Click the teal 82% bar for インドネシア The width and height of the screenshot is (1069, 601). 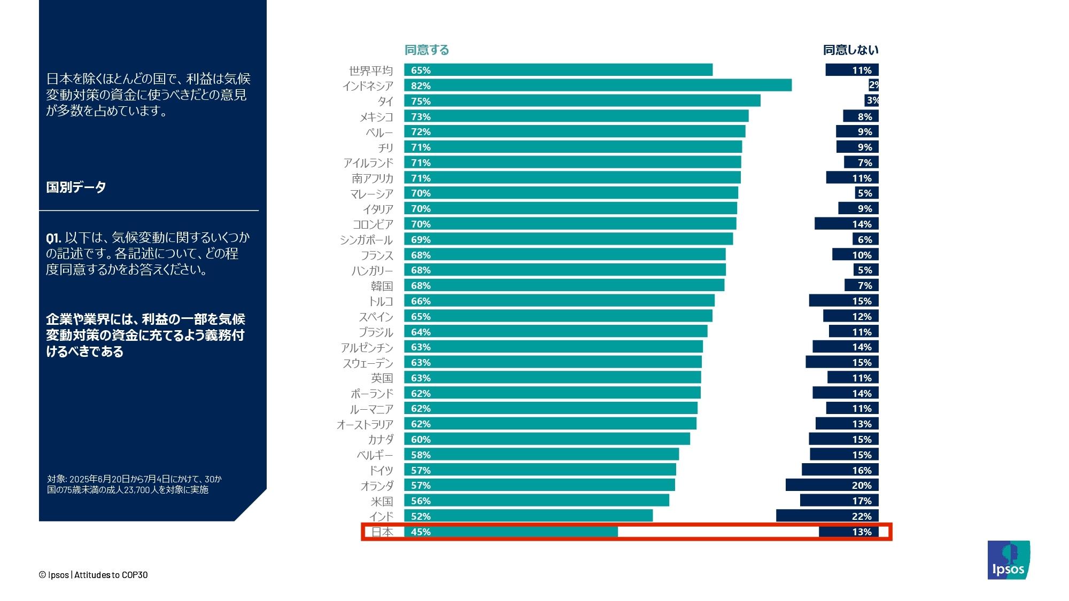(x=598, y=85)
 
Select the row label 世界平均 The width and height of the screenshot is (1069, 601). (x=371, y=71)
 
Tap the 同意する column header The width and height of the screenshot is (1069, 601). (x=427, y=50)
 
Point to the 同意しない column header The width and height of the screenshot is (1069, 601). (x=850, y=50)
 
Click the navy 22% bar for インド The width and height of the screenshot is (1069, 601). (x=827, y=516)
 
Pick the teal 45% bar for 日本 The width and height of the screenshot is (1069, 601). (x=511, y=532)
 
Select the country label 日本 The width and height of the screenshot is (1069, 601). (x=382, y=532)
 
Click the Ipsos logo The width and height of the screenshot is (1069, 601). (x=1009, y=560)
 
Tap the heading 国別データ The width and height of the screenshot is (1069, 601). (x=76, y=187)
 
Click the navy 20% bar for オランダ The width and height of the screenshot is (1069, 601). (x=832, y=485)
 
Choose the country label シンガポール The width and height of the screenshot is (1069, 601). (x=366, y=240)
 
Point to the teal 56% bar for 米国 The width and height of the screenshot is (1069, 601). (x=537, y=501)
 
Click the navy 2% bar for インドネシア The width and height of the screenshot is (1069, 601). (x=874, y=85)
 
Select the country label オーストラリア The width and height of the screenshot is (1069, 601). (x=365, y=425)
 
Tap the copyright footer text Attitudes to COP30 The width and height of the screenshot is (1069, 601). (x=111, y=575)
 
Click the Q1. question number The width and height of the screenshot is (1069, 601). (x=53, y=238)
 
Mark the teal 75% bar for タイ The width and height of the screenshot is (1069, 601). (x=582, y=101)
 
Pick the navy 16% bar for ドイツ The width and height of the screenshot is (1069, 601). (x=840, y=470)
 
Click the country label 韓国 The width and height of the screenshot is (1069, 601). (x=382, y=286)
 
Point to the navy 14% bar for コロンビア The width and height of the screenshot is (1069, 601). (x=847, y=224)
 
